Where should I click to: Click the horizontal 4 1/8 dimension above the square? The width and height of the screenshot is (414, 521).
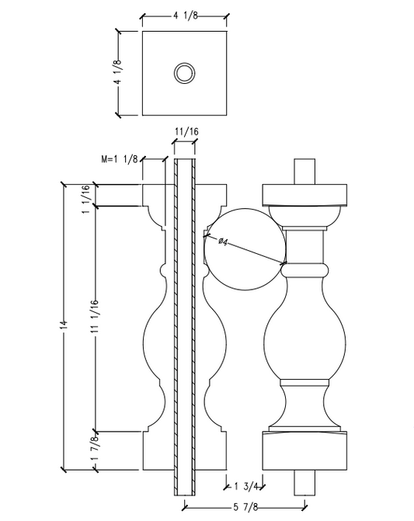[184, 13]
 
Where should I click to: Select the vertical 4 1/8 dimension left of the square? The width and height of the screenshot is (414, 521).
[118, 74]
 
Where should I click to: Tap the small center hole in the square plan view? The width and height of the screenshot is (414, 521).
[184, 74]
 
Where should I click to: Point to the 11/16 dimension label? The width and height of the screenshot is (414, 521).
[185, 133]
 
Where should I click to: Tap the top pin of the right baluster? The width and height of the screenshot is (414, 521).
[304, 172]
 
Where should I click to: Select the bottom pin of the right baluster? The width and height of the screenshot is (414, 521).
[304, 482]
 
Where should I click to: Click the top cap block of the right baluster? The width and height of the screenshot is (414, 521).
[304, 193]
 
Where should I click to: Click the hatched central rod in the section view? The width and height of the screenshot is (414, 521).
[186, 326]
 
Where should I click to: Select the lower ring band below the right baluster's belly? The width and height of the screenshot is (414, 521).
[304, 383]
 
